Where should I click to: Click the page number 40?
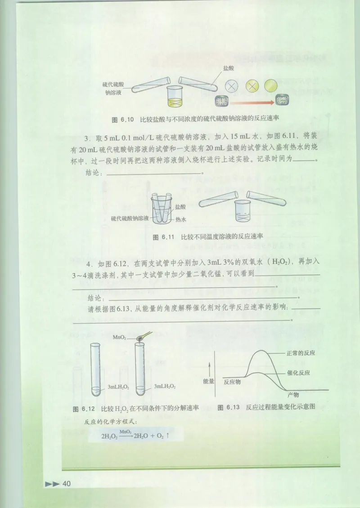[x=67, y=483]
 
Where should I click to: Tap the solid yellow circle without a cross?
[x=270, y=86]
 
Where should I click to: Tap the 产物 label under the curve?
[x=293, y=395]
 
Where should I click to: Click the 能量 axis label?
[x=209, y=381]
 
